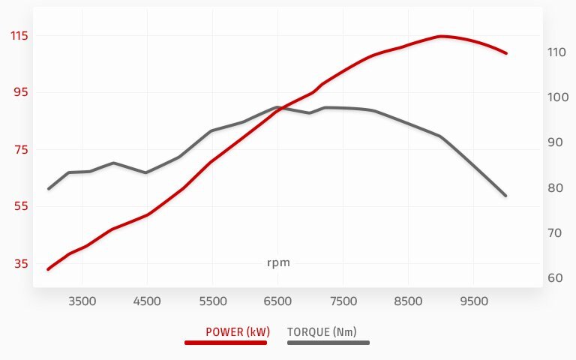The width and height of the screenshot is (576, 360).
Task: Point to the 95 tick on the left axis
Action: point(17,92)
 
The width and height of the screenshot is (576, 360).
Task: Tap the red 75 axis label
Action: point(17,149)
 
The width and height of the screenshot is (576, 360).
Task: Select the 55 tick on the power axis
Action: point(17,206)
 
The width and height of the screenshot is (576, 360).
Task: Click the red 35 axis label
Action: point(17,263)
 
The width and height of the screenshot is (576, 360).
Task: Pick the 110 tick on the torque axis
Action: point(556,52)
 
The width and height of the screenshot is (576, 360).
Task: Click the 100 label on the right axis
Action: point(556,97)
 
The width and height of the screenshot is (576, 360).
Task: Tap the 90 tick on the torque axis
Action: point(556,142)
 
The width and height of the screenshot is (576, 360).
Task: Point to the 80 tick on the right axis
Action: point(556,188)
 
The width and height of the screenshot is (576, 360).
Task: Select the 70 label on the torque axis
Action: point(556,233)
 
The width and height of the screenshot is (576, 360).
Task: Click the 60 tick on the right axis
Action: point(556,278)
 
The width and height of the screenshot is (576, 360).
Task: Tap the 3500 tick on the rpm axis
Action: point(82,301)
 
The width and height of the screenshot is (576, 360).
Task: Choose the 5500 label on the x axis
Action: point(212,301)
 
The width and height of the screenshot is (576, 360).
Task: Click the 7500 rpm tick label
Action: point(343,301)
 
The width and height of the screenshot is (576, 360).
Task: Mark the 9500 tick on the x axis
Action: point(473,301)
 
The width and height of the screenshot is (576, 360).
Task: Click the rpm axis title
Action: point(278,262)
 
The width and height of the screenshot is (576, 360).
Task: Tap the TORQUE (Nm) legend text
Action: point(322,331)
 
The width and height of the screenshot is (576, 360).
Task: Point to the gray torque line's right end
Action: point(506,196)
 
